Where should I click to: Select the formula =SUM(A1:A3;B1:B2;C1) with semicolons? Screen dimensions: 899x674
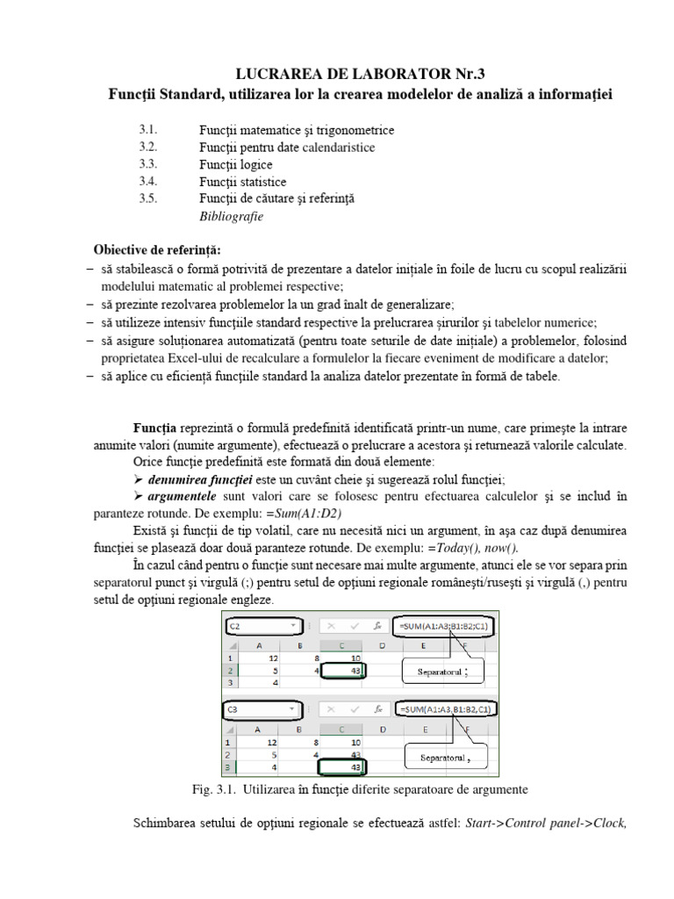point(446,626)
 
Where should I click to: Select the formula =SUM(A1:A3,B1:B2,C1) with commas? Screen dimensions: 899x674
point(446,708)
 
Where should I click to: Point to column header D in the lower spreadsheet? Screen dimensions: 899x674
point(382,728)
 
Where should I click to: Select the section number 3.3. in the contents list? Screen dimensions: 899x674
point(147,164)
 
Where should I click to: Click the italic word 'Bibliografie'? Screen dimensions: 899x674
point(231,216)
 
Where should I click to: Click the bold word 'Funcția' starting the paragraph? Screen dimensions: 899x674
point(154,428)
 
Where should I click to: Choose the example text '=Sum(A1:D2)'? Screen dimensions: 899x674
point(307,514)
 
